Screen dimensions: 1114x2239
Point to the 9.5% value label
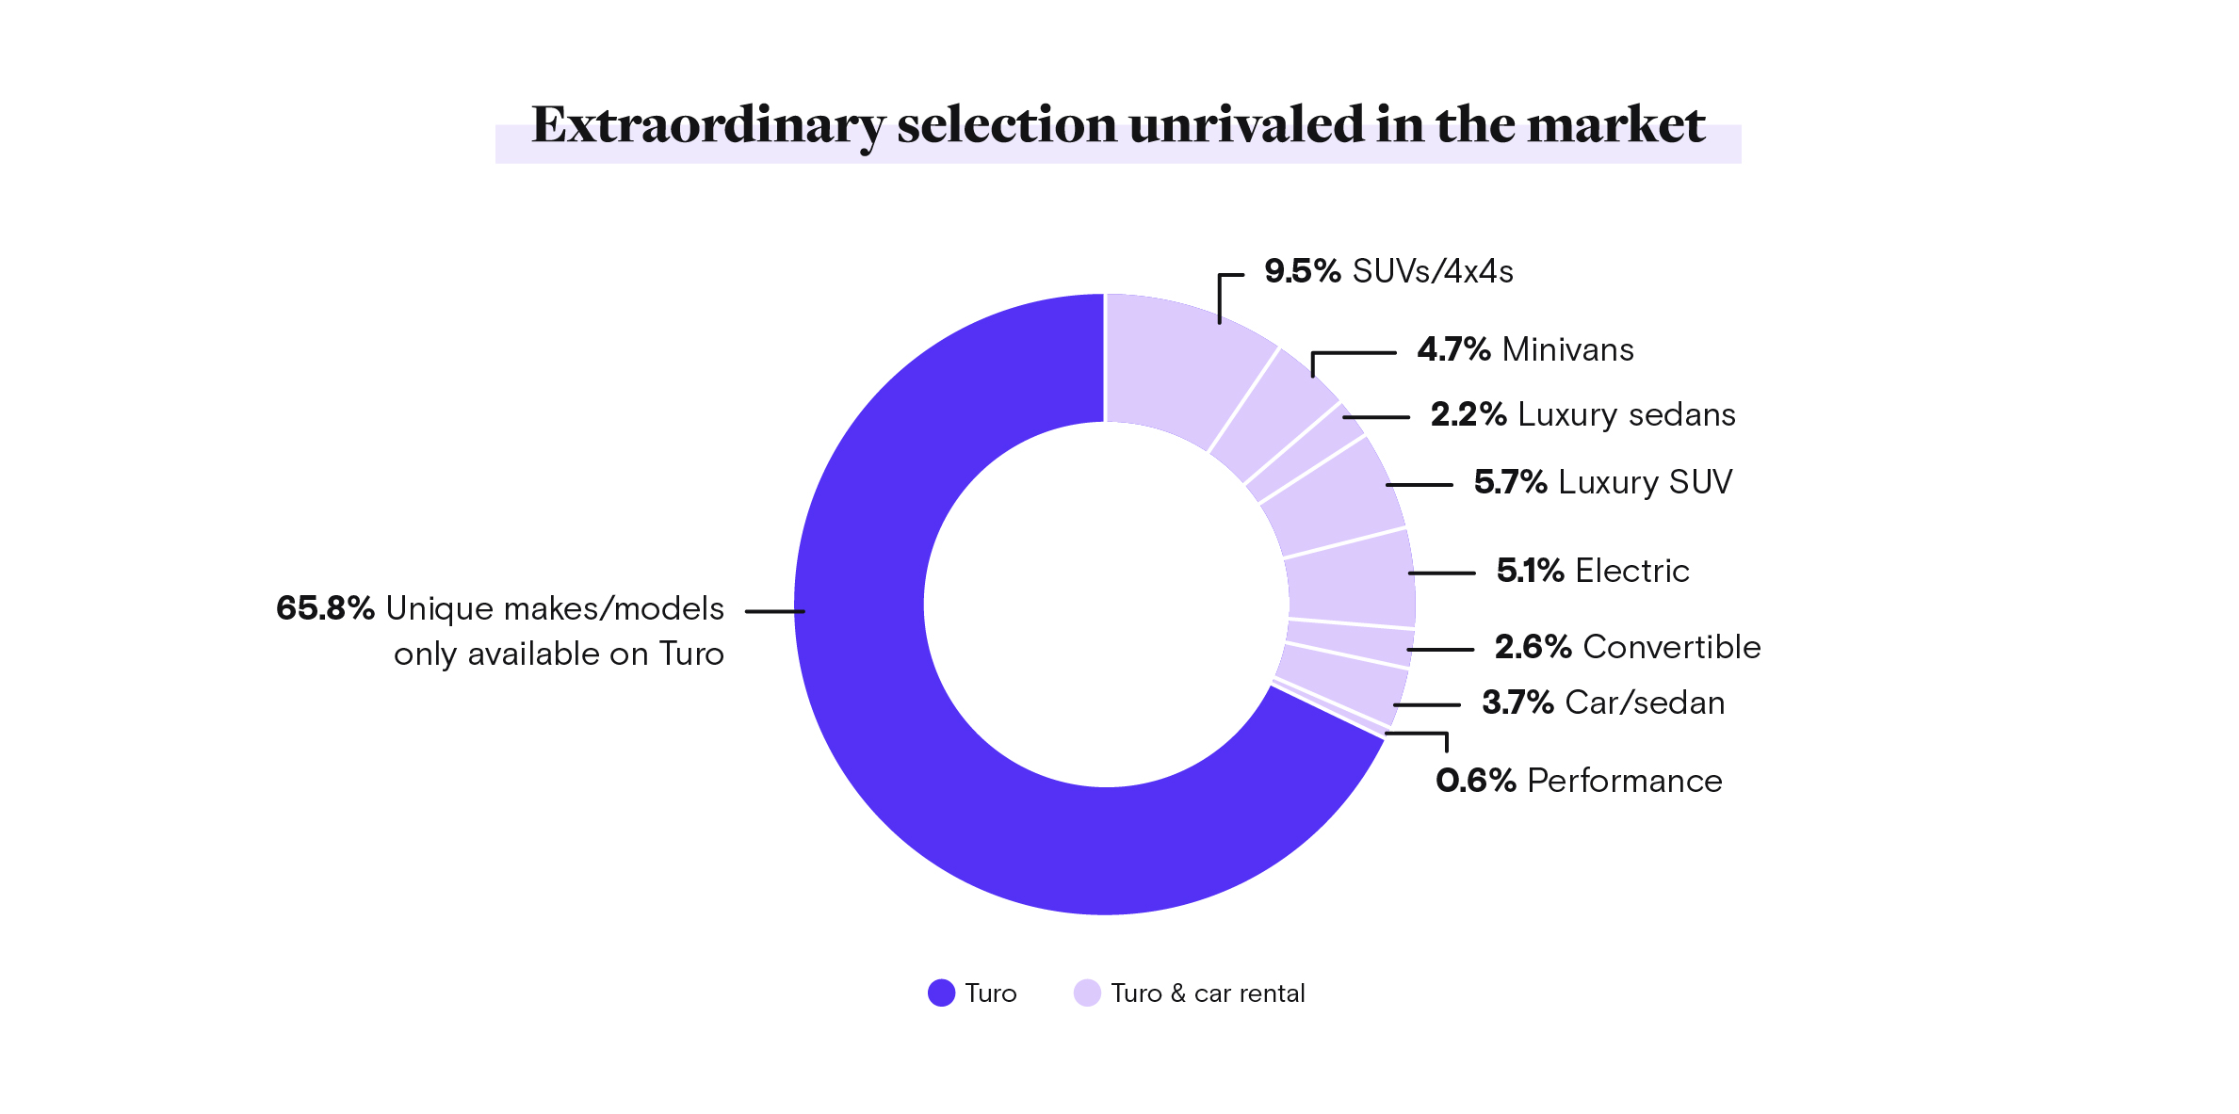click(1302, 271)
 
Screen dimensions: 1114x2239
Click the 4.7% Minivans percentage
click(1453, 349)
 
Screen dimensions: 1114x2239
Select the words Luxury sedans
click(1627, 414)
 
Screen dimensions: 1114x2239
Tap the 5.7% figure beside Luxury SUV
click(1510, 482)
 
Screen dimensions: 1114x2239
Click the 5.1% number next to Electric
click(1530, 571)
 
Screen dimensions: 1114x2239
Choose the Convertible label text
click(1672, 647)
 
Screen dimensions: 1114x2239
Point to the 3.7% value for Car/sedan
click(1517, 702)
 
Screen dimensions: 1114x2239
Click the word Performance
click(1625, 781)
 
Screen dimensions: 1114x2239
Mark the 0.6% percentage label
click(1475, 781)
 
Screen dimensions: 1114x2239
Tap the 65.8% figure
click(325, 608)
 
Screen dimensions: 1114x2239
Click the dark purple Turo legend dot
click(941, 993)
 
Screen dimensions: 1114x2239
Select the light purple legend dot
click(1087, 993)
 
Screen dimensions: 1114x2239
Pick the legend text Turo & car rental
click(1208, 993)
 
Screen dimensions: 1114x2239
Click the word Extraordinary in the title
click(707, 125)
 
